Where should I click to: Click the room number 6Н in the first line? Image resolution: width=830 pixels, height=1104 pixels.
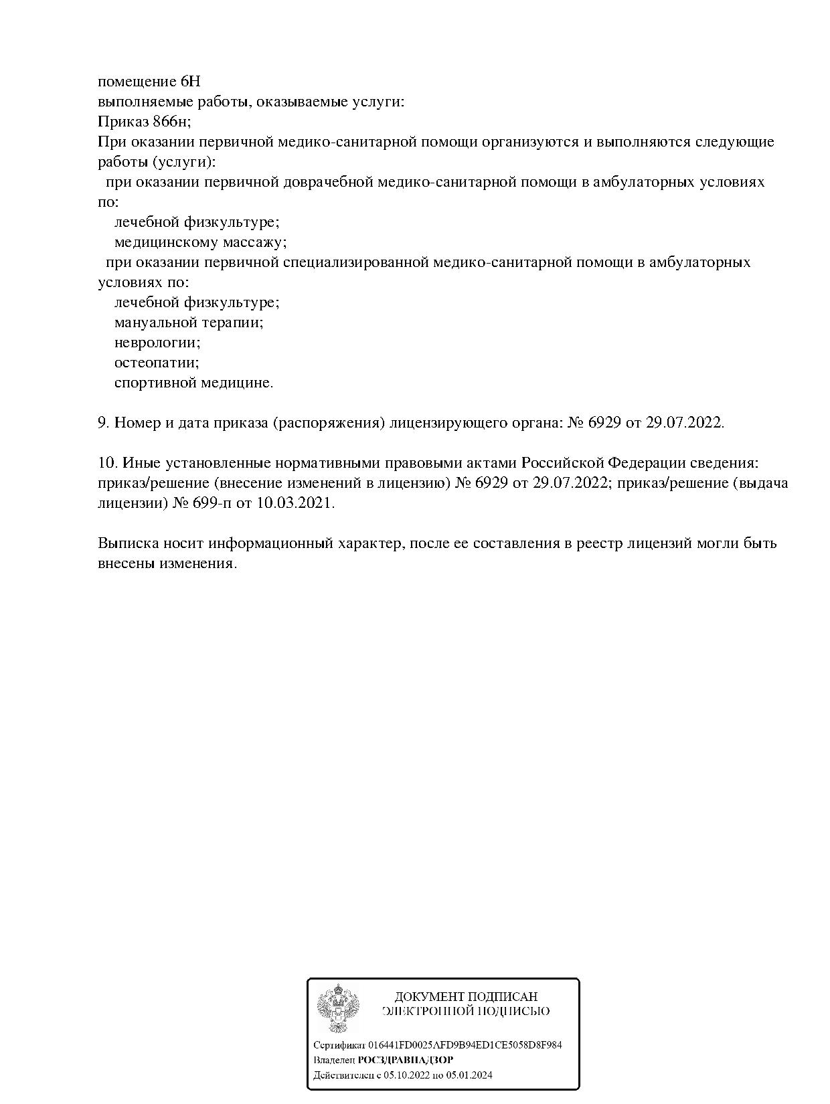(x=190, y=82)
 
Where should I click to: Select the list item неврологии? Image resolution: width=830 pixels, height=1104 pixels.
(x=157, y=343)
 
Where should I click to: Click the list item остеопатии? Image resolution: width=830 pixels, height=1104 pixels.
(x=157, y=363)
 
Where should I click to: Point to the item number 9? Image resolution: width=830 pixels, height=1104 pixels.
(x=103, y=423)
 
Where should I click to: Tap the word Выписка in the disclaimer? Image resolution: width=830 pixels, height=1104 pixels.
(x=125, y=543)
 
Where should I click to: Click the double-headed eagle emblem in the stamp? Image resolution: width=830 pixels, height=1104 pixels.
(x=338, y=1008)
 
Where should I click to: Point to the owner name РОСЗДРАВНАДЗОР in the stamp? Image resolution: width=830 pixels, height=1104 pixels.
(x=405, y=1060)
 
